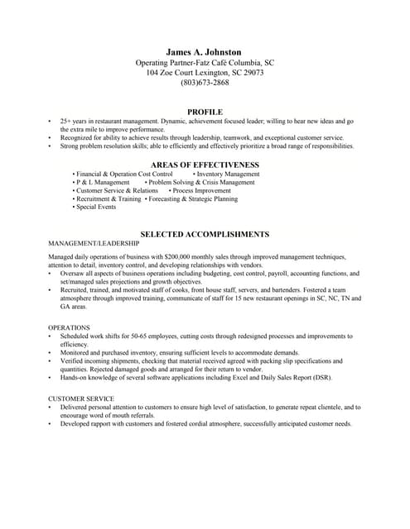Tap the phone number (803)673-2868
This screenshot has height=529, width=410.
(205, 83)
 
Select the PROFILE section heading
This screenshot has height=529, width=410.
(205, 112)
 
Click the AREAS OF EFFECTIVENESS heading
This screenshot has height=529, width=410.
(205, 164)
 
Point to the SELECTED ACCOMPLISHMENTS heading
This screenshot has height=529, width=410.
(205, 234)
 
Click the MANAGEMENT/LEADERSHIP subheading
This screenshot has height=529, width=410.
(94, 245)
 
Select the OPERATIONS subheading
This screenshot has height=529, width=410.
(69, 328)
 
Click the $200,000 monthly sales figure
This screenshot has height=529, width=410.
(178, 257)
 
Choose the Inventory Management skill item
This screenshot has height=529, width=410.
(228, 174)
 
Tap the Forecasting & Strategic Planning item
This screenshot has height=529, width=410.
(193, 199)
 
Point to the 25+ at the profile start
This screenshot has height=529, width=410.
(66, 122)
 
